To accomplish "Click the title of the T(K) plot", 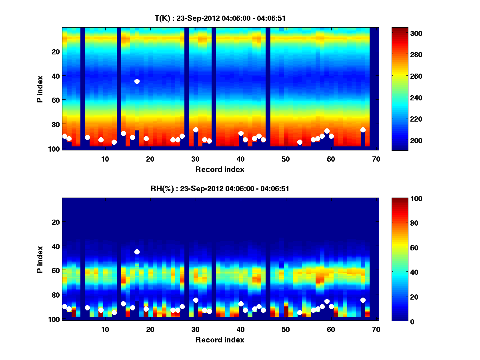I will (220, 18).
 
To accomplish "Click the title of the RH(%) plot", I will (220, 188).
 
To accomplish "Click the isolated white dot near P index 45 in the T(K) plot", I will (137, 81).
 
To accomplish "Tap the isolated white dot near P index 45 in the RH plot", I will (137, 252).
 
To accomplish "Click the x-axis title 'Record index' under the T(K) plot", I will (220, 169).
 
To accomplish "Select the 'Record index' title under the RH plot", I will (220, 340).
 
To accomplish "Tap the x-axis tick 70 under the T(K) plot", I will (376, 159).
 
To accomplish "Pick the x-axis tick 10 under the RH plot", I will (105, 329).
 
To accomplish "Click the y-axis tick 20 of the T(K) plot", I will (55, 51).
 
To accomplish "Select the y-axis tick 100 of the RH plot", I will (54, 319).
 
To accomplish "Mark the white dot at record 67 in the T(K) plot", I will (363, 130).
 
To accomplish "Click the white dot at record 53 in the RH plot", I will (300, 312).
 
